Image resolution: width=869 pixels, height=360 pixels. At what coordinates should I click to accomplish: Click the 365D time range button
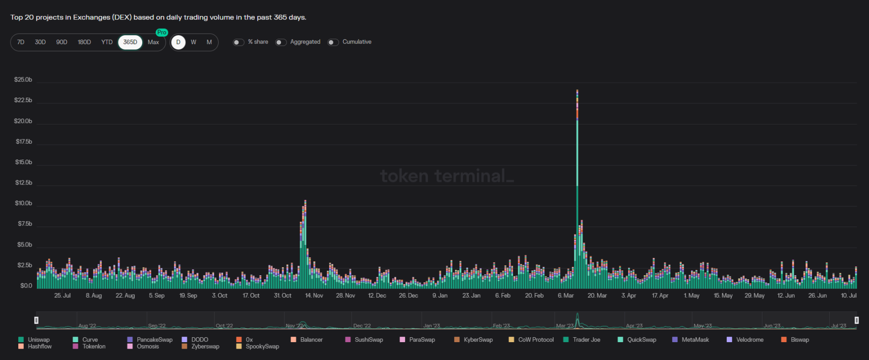130,42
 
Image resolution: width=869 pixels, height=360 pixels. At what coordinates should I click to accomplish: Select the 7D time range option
21,42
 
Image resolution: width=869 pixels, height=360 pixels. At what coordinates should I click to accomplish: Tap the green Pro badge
162,32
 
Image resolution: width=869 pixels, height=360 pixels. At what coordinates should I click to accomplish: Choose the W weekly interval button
193,42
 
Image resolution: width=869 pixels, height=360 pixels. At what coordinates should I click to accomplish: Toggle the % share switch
238,42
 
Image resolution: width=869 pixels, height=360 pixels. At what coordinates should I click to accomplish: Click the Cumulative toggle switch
333,42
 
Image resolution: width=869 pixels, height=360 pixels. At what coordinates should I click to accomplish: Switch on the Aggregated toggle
281,42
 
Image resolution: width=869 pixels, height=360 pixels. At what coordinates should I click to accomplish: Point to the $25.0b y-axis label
23,80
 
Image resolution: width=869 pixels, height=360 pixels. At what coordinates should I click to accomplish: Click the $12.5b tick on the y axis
23,182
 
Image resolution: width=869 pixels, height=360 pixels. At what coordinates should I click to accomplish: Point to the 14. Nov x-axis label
314,296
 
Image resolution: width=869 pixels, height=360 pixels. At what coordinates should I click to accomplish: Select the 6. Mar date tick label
566,296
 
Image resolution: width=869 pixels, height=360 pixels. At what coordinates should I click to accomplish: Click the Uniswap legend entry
39,340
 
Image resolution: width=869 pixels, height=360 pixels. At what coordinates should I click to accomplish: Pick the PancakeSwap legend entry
154,340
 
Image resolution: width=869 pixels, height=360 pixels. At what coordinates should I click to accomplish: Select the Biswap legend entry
800,340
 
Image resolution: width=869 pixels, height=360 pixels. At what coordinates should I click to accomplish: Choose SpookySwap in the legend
262,347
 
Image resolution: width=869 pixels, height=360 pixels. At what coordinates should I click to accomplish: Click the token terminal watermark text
446,176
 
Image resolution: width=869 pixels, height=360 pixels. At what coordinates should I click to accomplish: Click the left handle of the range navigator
36,320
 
